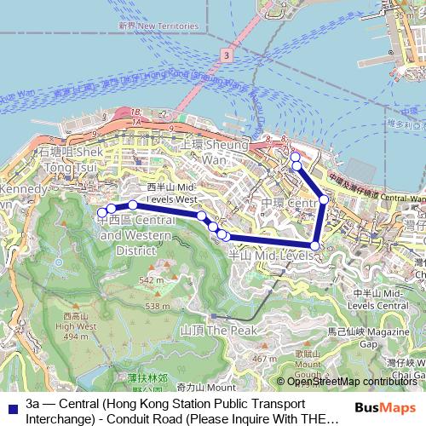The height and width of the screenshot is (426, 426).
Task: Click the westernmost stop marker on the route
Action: (102, 211)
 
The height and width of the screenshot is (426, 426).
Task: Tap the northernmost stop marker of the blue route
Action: (295, 157)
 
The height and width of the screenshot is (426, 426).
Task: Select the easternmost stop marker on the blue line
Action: (324, 199)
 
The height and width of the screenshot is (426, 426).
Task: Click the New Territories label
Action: (148, 26)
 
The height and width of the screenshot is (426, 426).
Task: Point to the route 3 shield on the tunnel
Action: (225, 55)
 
